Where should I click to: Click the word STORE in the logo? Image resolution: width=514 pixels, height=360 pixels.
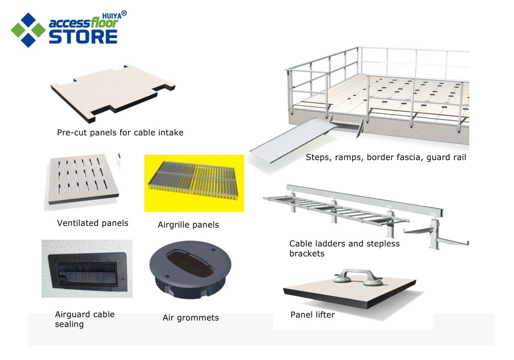pos(83,37)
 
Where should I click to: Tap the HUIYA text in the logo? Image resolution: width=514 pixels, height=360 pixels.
pos(112,16)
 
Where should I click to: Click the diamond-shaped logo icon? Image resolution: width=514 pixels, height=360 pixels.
pos(28,30)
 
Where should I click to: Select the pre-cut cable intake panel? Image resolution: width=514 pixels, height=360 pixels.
pos(113,93)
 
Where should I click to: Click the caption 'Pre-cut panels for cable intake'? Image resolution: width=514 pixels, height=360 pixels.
pos(120,133)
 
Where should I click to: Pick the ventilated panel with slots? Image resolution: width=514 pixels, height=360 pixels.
pos(84,178)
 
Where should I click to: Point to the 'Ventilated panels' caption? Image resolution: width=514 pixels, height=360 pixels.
pos(93,223)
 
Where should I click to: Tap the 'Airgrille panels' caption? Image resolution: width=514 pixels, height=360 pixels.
pos(188,225)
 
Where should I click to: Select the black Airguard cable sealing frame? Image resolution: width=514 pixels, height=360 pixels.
pos(87,272)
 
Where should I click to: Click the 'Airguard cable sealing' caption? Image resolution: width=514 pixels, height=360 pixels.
pos(85,319)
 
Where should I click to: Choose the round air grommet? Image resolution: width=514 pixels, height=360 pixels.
pos(190,269)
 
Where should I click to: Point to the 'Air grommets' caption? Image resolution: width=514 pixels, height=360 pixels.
pos(191,318)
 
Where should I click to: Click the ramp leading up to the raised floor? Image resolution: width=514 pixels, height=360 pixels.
pos(293,140)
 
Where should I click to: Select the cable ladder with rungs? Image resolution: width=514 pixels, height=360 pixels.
pos(336,210)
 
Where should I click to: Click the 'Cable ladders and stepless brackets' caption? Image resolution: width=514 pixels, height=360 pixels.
pos(344,248)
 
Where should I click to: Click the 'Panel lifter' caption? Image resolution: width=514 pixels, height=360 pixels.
pos(313,315)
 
